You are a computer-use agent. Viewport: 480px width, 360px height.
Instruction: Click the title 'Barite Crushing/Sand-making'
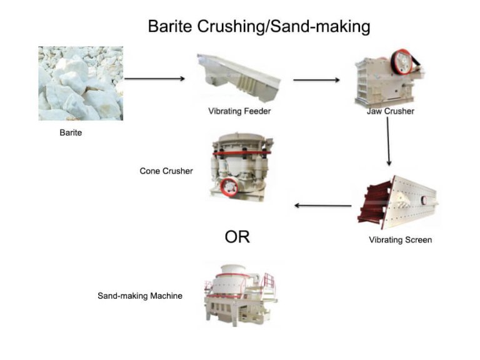(x=259, y=26)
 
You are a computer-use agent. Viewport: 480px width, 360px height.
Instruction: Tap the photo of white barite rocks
(x=81, y=83)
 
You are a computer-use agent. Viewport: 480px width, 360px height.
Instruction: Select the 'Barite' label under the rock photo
(x=71, y=132)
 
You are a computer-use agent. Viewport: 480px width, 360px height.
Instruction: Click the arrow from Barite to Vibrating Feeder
(x=155, y=79)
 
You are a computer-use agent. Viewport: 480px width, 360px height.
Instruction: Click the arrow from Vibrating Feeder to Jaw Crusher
(x=316, y=80)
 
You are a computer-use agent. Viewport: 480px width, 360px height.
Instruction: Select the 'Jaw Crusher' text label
(x=391, y=111)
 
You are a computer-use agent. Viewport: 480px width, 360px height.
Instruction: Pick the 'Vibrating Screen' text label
(x=400, y=240)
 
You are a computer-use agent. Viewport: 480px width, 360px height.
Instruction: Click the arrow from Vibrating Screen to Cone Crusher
(x=322, y=206)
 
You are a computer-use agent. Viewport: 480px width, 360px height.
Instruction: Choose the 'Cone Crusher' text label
(x=166, y=171)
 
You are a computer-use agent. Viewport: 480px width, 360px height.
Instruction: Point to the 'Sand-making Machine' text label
(x=140, y=296)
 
